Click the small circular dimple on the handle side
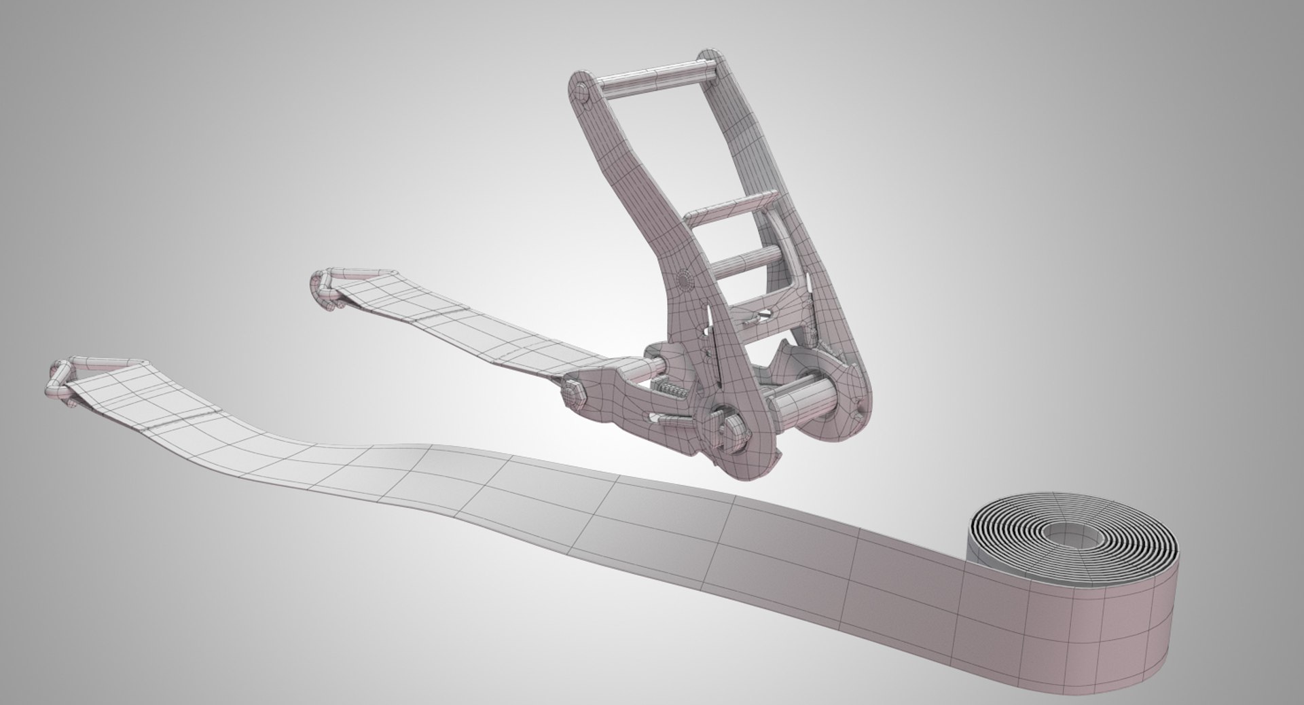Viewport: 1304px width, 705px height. tap(684, 279)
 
